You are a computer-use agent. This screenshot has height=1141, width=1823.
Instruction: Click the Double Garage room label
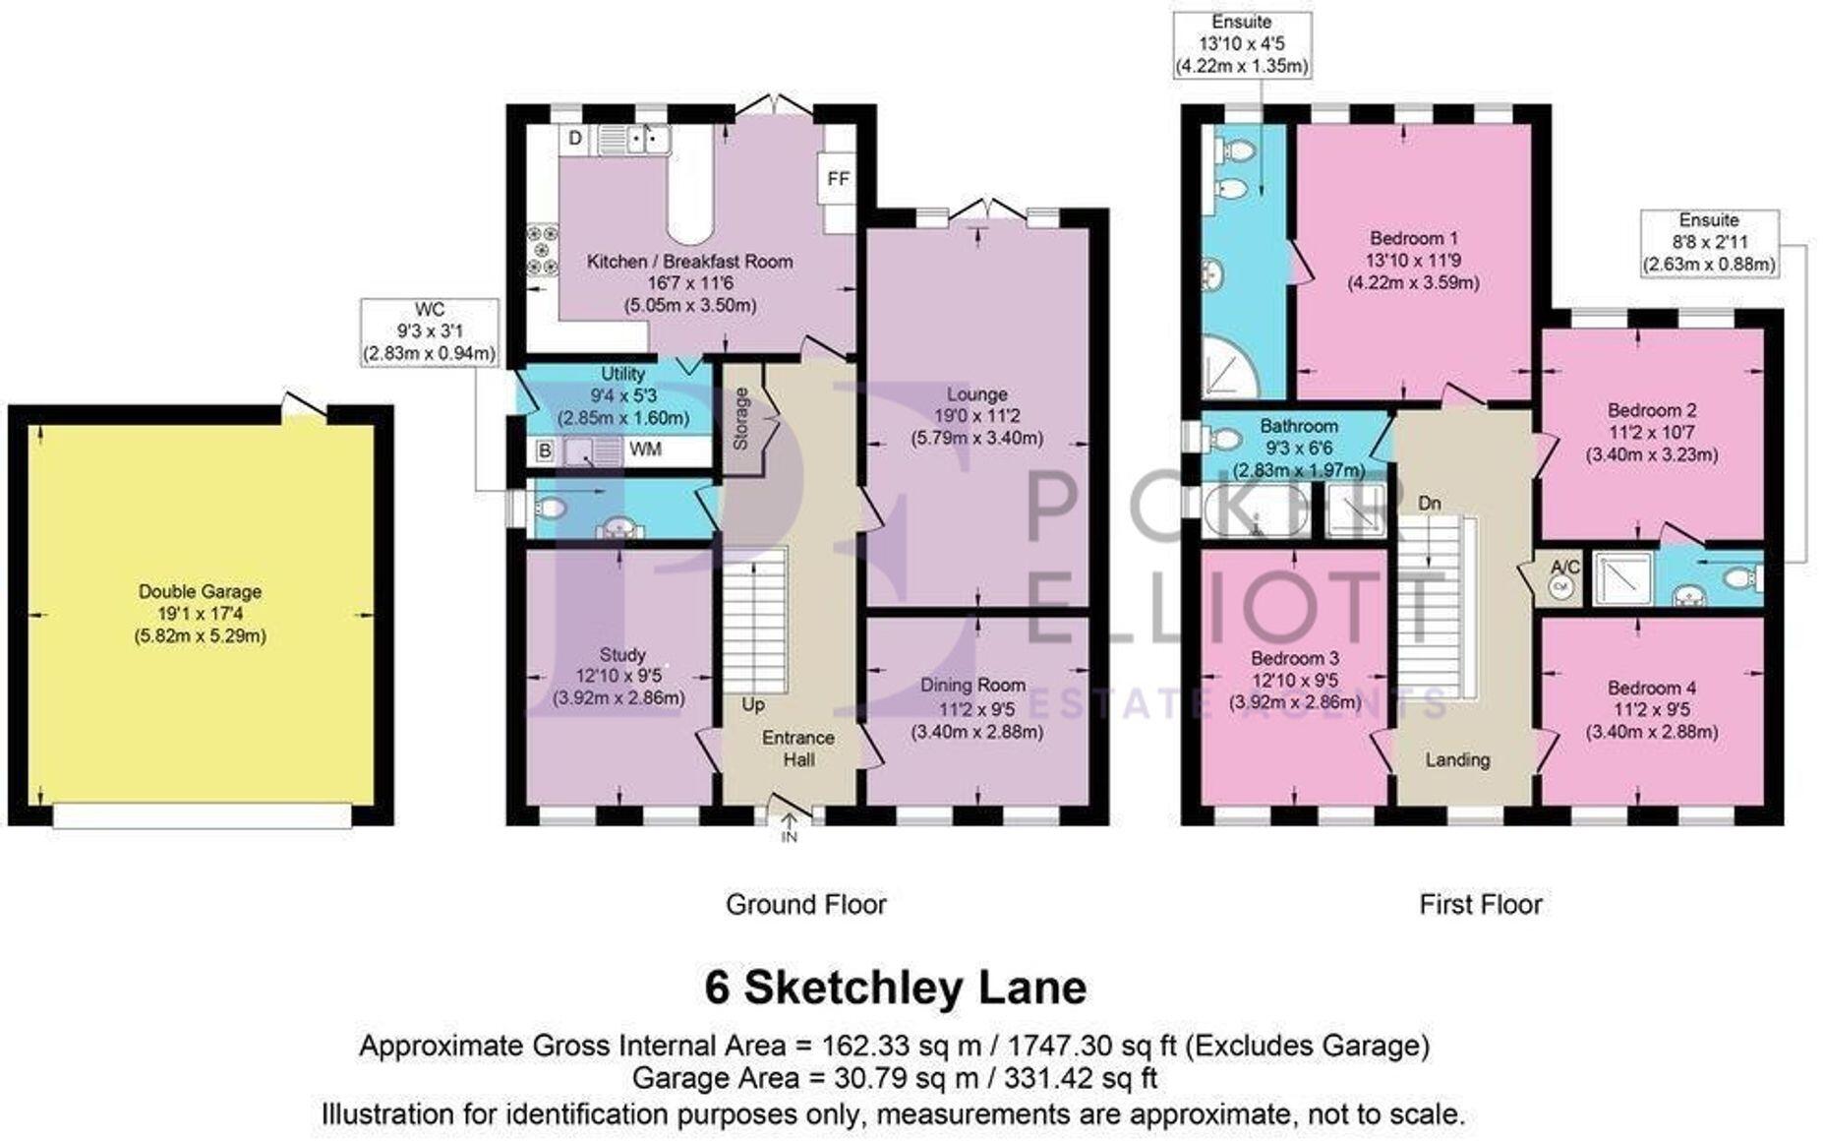(x=200, y=592)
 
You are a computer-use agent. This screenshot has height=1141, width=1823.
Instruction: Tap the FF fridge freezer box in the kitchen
(x=838, y=179)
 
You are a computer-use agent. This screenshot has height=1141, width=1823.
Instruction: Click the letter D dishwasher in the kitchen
(x=576, y=139)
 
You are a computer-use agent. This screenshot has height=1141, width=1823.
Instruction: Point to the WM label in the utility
(x=645, y=450)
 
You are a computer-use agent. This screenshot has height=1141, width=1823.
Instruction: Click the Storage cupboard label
(x=741, y=419)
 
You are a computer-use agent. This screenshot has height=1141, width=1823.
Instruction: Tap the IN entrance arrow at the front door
(x=789, y=826)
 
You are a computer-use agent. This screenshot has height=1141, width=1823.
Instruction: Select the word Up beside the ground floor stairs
(x=753, y=705)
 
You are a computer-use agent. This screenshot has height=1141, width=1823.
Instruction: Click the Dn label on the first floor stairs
(x=1429, y=504)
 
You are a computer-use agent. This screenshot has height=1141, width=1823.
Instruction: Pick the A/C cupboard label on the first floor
(x=1564, y=567)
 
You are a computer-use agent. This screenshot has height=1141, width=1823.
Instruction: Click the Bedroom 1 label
(x=1414, y=238)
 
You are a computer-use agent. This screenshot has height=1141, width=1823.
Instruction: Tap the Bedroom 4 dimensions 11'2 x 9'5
(x=1652, y=710)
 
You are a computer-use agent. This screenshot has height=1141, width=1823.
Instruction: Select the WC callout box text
(x=430, y=331)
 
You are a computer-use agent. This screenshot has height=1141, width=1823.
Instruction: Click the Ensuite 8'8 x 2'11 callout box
(x=1709, y=242)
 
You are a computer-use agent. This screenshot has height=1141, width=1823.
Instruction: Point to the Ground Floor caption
(x=806, y=904)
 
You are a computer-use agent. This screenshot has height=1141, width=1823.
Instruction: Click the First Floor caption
(x=1481, y=904)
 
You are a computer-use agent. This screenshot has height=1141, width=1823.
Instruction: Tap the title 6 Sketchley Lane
(x=896, y=988)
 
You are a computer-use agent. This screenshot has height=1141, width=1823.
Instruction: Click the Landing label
(x=1457, y=759)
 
